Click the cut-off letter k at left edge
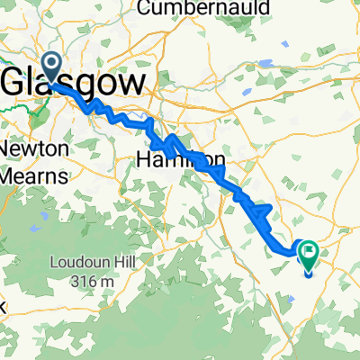pos(3,307)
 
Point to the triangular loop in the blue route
pos(259,212)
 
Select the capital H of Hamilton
pos(146,159)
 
